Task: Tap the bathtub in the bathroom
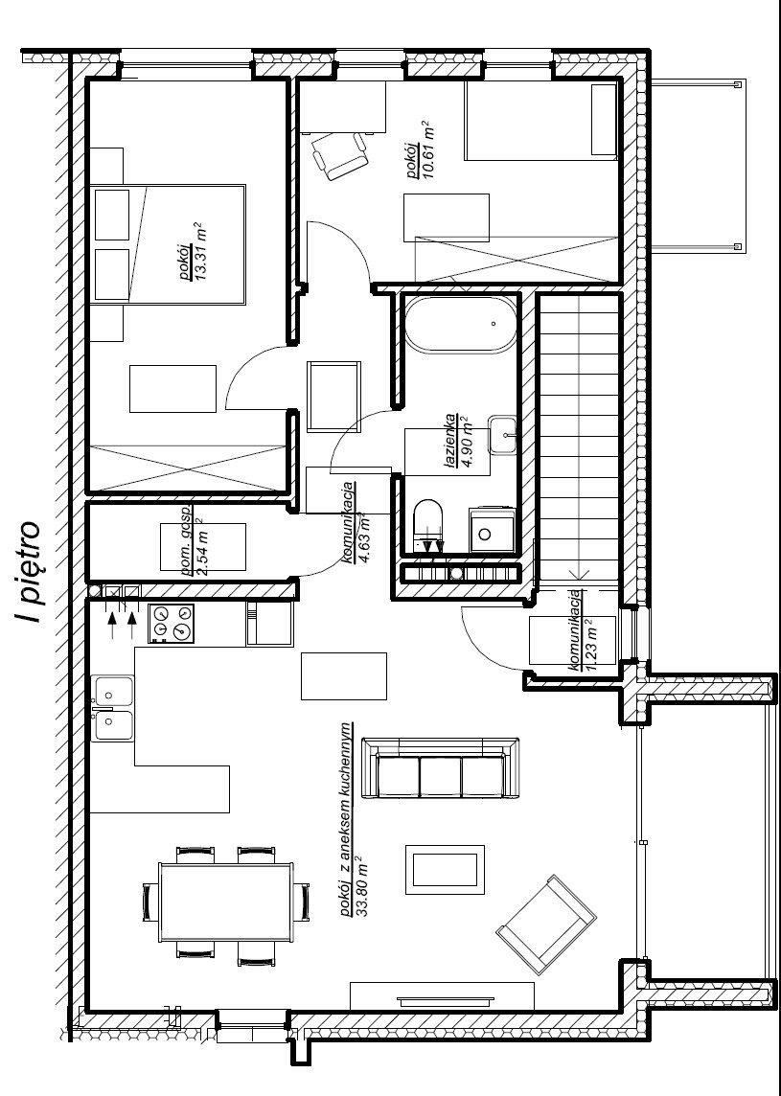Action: pyautogui.click(x=461, y=325)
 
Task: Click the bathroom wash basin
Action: pyautogui.click(x=503, y=435)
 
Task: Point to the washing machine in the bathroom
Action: pyautogui.click(x=493, y=531)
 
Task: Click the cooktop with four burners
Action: pyautogui.click(x=172, y=623)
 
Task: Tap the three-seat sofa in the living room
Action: pyautogui.click(x=441, y=767)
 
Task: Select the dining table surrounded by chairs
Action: pyautogui.click(x=225, y=902)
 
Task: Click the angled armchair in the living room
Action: pyautogui.click(x=546, y=925)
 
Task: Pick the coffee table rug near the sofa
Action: pyautogui.click(x=445, y=869)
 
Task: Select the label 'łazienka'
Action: pyautogui.click(x=451, y=444)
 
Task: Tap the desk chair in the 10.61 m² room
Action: pyautogui.click(x=340, y=155)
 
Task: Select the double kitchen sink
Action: pyautogui.click(x=112, y=707)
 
